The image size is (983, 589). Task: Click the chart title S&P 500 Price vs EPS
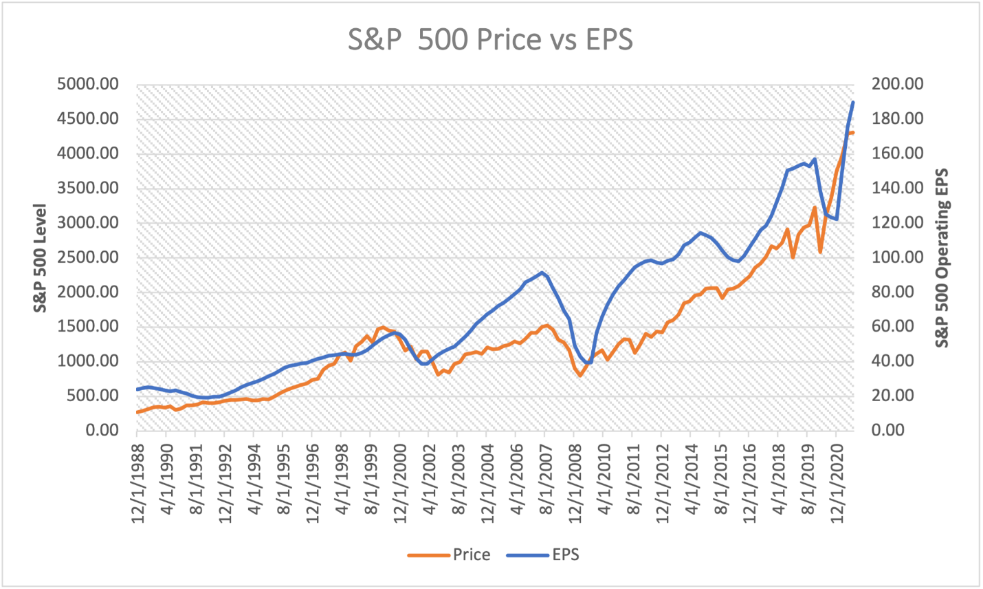coord(490,40)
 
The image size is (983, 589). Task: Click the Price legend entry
coord(471,555)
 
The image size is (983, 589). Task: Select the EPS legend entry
coord(565,555)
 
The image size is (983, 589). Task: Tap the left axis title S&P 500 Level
coord(41,258)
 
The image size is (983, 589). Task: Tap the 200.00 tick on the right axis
coord(897,85)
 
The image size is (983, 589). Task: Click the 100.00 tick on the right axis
coord(897,257)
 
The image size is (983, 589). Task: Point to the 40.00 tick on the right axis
coord(894,361)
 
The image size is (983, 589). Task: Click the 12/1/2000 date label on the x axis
coord(399,482)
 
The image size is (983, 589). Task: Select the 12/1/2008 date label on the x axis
coord(574,482)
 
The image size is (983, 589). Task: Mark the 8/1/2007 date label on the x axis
coord(545,482)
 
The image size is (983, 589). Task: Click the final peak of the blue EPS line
coord(852,103)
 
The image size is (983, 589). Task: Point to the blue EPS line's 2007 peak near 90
coord(542,272)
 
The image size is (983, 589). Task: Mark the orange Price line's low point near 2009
coord(580,375)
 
